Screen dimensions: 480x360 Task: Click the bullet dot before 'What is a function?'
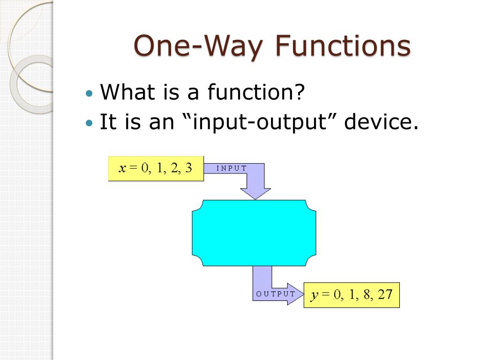click(x=89, y=93)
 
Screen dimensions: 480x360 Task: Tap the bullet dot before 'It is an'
click(x=89, y=123)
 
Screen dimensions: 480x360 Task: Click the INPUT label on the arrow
click(x=232, y=168)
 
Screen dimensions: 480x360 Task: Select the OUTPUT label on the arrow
click(x=276, y=294)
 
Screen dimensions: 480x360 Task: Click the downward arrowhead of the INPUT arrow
click(x=255, y=194)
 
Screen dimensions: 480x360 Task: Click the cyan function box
click(x=254, y=233)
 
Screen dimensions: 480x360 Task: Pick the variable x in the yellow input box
click(x=122, y=168)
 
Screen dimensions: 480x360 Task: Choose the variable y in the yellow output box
click(x=315, y=295)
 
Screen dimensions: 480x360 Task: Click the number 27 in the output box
click(x=385, y=294)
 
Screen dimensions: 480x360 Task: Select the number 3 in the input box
click(x=188, y=168)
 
